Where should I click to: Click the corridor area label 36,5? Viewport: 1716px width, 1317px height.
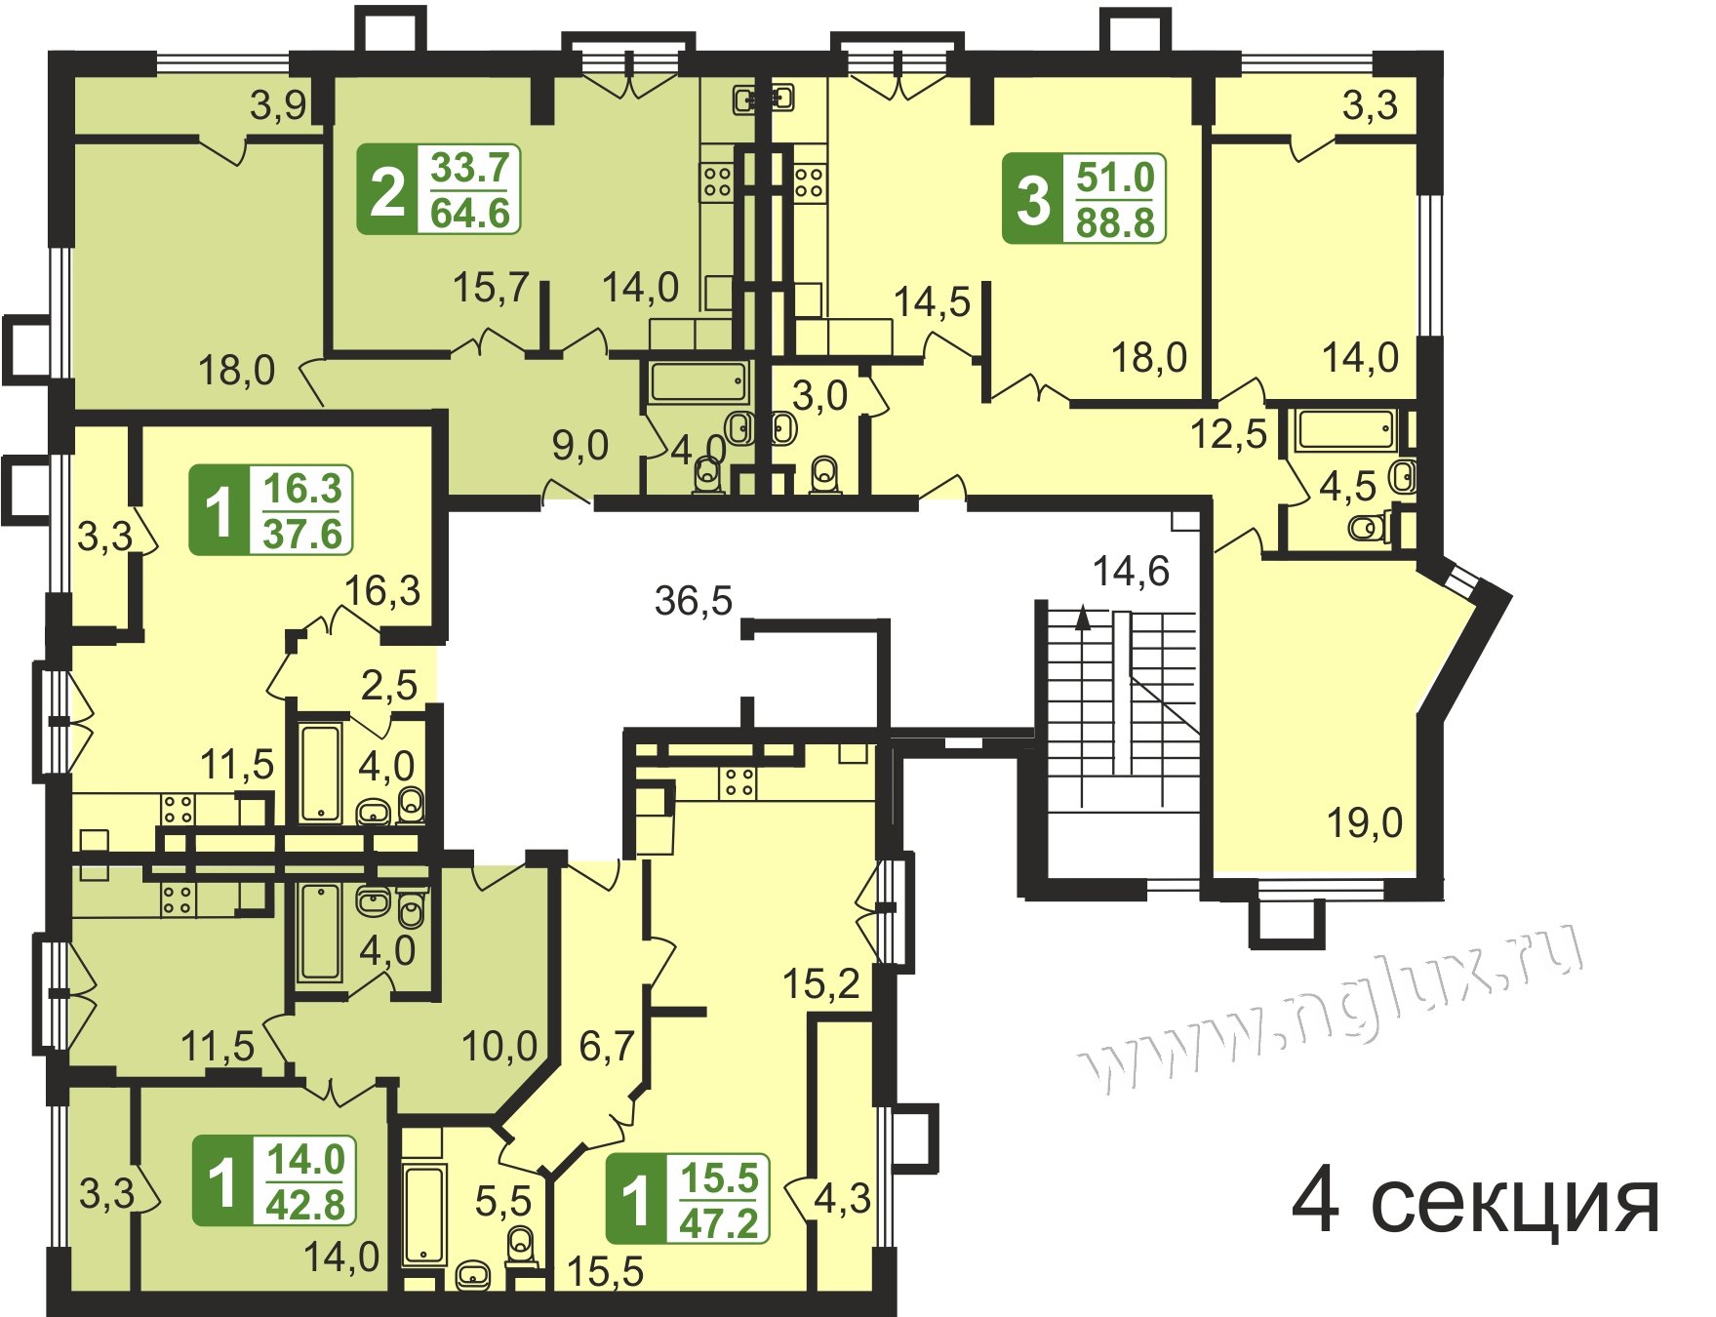[x=693, y=601]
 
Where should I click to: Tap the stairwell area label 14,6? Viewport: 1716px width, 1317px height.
[x=1131, y=571]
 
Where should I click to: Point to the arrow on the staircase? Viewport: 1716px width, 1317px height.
[x=1082, y=619]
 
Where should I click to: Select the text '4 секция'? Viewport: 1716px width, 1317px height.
[x=1475, y=1203]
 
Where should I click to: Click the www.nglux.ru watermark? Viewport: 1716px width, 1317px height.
[x=1334, y=1007]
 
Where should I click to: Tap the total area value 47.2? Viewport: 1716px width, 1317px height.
[x=719, y=1222]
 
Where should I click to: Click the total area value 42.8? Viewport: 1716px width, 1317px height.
[x=305, y=1206]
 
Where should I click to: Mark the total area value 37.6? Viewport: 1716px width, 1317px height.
[x=302, y=534]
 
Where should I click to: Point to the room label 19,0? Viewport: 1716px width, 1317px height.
[x=1364, y=822]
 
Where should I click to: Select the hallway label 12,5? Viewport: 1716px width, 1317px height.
[x=1228, y=433]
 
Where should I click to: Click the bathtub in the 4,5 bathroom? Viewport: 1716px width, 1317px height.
[x=1345, y=430]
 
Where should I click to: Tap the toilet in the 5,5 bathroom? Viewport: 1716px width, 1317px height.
[x=522, y=1243]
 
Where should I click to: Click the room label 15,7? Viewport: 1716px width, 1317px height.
[x=491, y=287]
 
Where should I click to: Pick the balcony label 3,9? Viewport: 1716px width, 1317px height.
[x=278, y=105]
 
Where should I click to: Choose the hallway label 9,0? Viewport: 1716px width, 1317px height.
[x=580, y=446]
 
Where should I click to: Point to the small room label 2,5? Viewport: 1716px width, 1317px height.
[x=389, y=685]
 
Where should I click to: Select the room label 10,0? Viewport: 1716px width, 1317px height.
[x=499, y=1047]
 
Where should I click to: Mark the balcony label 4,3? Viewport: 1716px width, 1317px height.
[x=842, y=1198]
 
